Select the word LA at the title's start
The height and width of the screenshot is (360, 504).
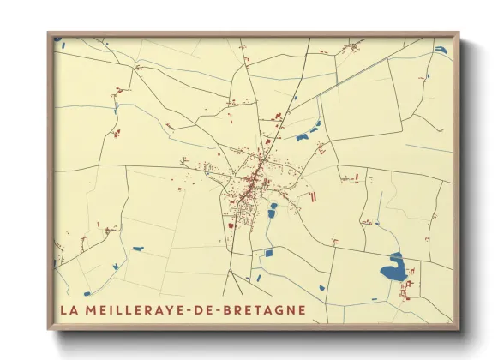tap(68, 309)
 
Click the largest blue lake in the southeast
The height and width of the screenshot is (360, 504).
tap(393, 269)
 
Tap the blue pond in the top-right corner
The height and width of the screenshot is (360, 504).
tap(441, 50)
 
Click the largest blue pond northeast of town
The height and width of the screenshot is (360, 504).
tap(303, 136)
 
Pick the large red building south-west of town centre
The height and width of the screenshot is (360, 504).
tap(231, 225)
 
